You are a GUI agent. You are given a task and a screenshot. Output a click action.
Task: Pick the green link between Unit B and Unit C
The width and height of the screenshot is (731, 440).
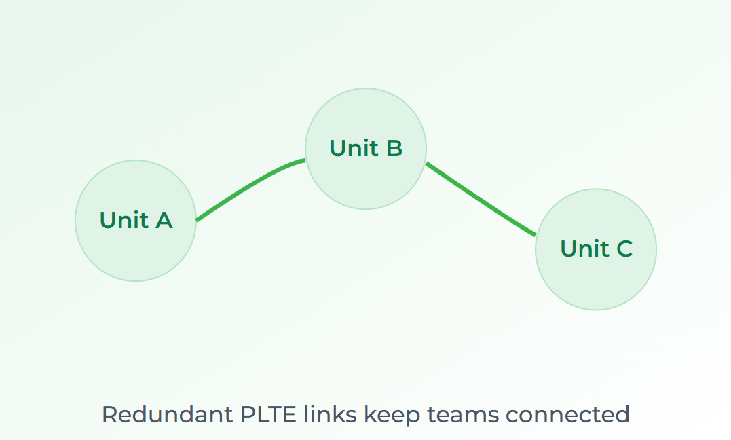(481, 200)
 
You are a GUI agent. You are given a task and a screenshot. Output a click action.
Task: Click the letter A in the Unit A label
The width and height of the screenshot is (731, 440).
(164, 220)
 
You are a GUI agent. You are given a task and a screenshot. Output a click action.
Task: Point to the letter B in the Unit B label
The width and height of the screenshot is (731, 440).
(394, 148)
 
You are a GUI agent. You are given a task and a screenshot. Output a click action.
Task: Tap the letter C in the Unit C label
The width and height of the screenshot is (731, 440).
(624, 249)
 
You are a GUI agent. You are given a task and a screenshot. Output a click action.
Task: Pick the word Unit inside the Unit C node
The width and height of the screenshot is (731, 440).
(582, 249)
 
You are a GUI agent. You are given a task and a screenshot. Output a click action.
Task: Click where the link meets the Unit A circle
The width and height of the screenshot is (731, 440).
(197, 219)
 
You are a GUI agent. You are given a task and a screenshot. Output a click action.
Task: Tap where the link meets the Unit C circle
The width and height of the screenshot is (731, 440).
(536, 235)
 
